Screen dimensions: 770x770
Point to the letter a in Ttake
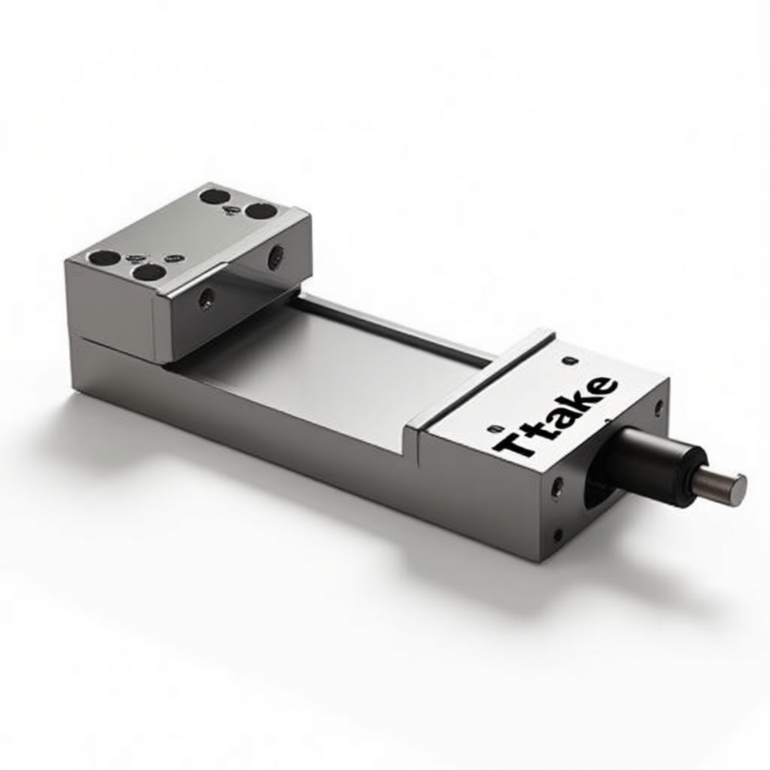pyautogui.click(x=559, y=419)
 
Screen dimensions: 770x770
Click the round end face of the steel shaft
pyautogui.click(x=738, y=489)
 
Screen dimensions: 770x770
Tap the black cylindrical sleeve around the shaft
pyautogui.click(x=653, y=462)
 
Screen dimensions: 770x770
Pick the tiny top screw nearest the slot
pyautogui.click(x=569, y=361)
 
